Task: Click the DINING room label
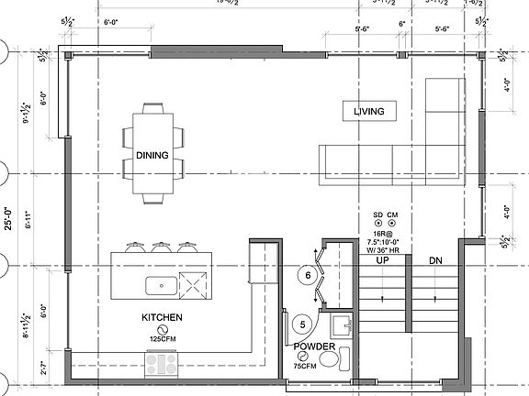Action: (x=152, y=155)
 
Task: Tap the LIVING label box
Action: (x=368, y=112)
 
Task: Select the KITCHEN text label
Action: (x=162, y=318)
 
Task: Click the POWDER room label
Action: (x=314, y=347)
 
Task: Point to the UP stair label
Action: (x=384, y=261)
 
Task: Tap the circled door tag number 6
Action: (x=308, y=274)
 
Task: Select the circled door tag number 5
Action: (x=303, y=324)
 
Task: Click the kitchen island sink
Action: (x=162, y=285)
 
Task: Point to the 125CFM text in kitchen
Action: (x=162, y=338)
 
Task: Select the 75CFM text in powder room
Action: (x=306, y=366)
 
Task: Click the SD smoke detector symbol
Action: (x=377, y=225)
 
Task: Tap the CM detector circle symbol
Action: (x=393, y=225)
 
